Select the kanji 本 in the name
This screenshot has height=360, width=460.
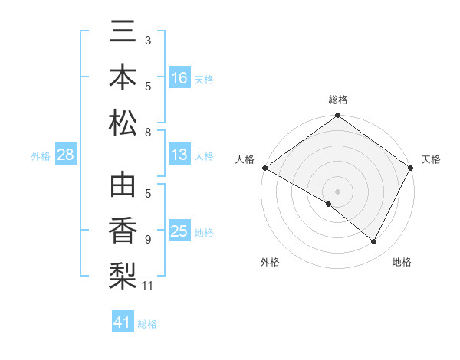coord(123,79)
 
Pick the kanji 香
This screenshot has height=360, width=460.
coord(123,231)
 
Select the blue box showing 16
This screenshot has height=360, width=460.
coord(179,78)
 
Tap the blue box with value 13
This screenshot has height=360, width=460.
coord(179,155)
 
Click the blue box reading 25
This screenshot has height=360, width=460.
coord(179,231)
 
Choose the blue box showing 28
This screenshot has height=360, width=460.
coord(66,155)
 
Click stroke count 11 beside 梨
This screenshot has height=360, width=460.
coord(148,286)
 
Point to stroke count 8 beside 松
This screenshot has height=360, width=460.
coord(148,133)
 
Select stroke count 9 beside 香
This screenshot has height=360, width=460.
coord(148,239)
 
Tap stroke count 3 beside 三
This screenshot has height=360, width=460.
coord(148,40)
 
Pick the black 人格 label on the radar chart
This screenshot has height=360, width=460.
coord(245,159)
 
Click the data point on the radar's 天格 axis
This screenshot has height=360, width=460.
coord(411,168)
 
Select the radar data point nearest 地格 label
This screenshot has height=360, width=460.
coord(374,242)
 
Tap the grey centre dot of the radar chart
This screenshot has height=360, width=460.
coord(337,191)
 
